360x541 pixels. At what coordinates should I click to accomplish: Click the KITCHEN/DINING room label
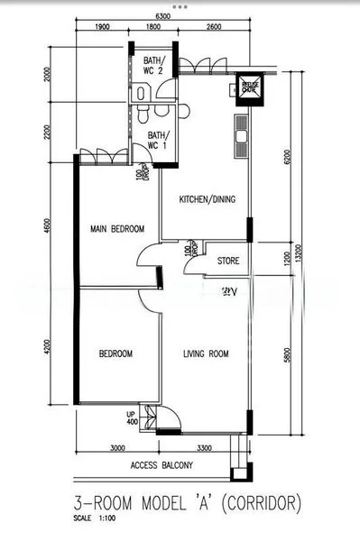(208, 199)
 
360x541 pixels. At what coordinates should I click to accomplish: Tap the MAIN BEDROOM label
(116, 230)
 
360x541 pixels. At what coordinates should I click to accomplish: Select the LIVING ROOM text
(206, 353)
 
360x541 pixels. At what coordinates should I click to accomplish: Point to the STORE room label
(228, 261)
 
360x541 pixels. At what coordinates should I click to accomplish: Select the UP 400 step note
(132, 417)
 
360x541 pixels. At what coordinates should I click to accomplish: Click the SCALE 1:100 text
(97, 518)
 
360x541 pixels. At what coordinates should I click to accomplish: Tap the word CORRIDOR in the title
(254, 502)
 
